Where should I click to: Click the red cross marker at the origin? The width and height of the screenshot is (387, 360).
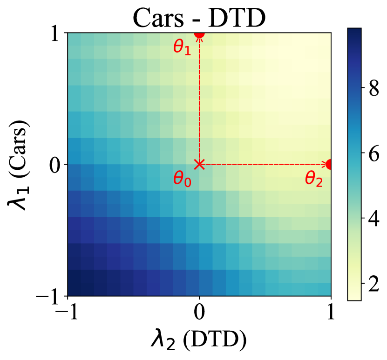[x=199, y=164]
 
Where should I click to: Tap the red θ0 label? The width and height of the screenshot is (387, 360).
[x=182, y=179]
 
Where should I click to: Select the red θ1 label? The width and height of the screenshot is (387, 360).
[x=182, y=48]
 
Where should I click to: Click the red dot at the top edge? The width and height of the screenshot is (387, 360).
[x=199, y=33]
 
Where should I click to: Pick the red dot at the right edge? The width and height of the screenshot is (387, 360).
[x=330, y=164]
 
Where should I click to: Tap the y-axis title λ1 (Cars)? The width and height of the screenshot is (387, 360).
[x=20, y=165]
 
